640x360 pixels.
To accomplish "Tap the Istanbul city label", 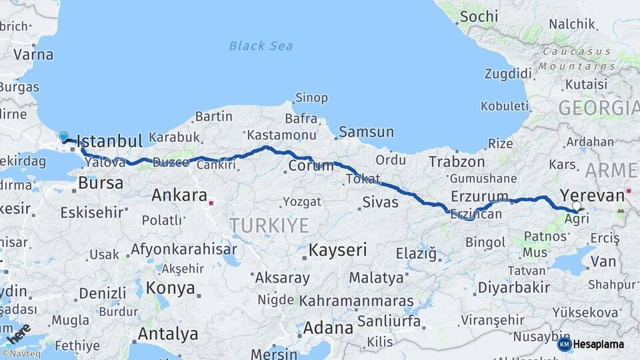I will tap(109, 141).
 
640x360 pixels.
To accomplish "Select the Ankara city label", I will tap(179, 195).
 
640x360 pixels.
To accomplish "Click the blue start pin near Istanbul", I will tap(64, 137).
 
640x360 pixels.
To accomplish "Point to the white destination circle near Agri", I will tap(577, 207).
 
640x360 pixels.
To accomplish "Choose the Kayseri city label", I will tap(338, 251).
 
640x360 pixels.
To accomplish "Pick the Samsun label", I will tap(366, 132).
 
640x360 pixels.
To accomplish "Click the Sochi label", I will tap(479, 15).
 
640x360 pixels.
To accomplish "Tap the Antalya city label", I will tap(167, 333).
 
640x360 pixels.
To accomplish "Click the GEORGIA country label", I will tap(598, 108).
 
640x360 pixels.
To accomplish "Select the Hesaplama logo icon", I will tap(565, 344).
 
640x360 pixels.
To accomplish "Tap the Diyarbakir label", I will tap(513, 287).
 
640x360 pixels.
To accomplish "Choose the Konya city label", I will tap(171, 289).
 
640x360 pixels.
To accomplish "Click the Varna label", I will tap(33, 55).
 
